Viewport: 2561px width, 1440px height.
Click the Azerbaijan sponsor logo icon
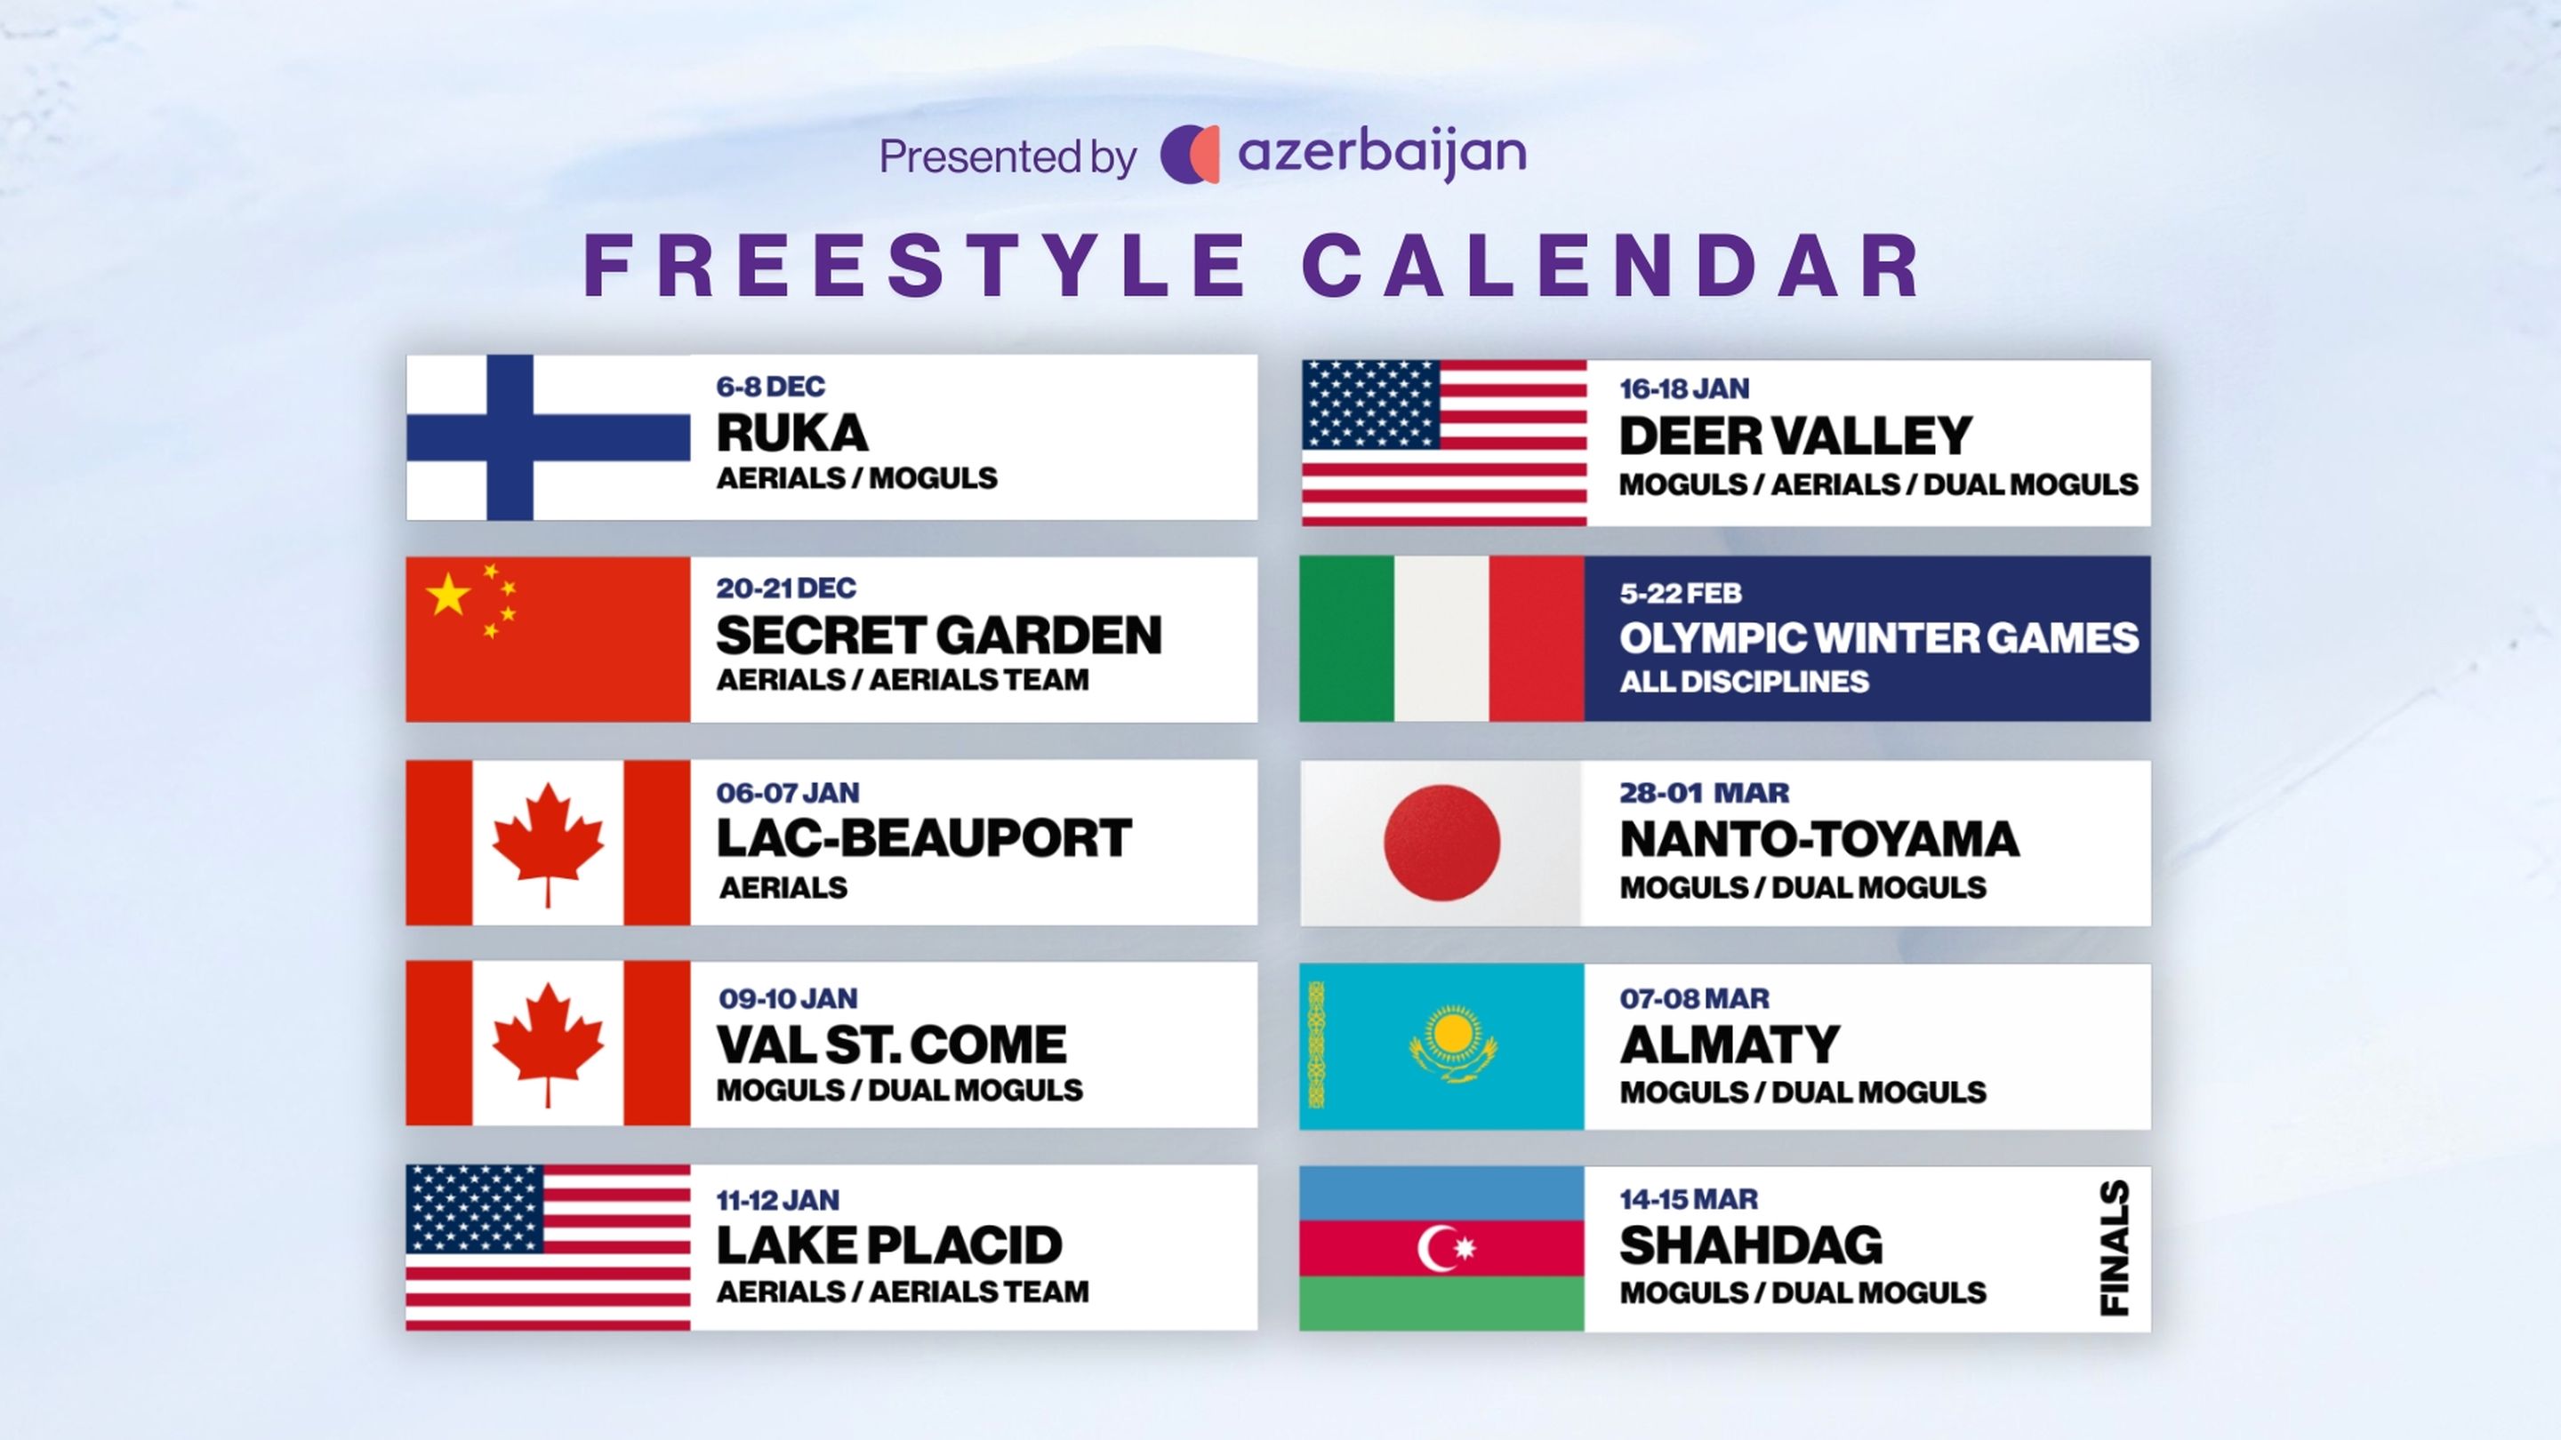1190,154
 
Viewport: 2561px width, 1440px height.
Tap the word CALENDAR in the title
1610,266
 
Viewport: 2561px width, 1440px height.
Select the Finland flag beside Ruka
548,437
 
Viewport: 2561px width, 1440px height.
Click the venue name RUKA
792,433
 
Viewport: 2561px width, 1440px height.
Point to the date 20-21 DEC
786,588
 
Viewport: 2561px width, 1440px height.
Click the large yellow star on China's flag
447,595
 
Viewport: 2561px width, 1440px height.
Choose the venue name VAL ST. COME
892,1044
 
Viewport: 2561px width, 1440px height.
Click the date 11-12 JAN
778,1201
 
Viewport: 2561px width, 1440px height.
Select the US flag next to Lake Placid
548,1247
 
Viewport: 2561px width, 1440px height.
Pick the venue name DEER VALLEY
1795,436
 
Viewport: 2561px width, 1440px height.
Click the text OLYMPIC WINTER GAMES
1879,638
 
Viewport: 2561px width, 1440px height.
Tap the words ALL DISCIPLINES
1745,682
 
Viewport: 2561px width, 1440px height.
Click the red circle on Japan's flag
1441,843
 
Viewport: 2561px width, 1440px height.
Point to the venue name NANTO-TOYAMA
1819,840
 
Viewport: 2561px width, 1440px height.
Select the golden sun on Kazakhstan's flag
1452,1036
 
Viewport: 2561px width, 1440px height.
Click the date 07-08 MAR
1695,999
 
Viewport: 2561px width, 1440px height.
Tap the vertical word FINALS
2115,1248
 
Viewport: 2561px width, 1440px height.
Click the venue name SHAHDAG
1752,1246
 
